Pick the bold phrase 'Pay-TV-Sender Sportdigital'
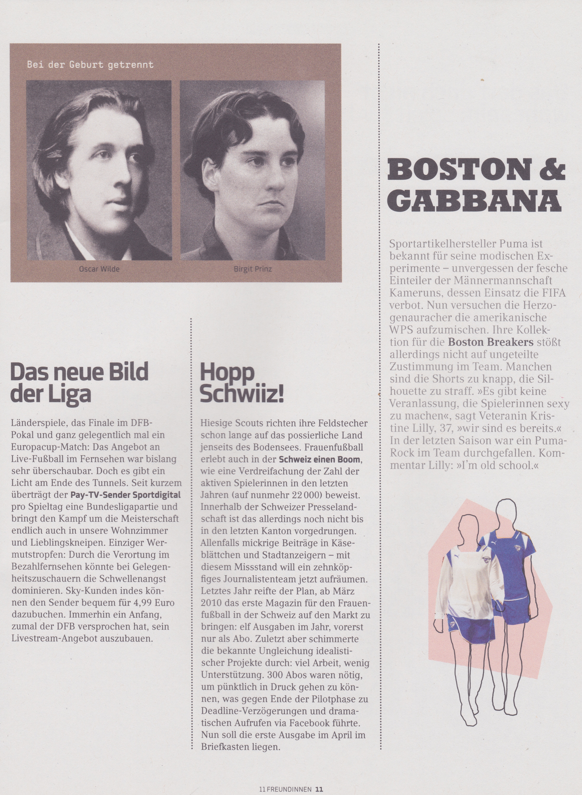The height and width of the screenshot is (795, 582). pyautogui.click(x=125, y=495)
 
